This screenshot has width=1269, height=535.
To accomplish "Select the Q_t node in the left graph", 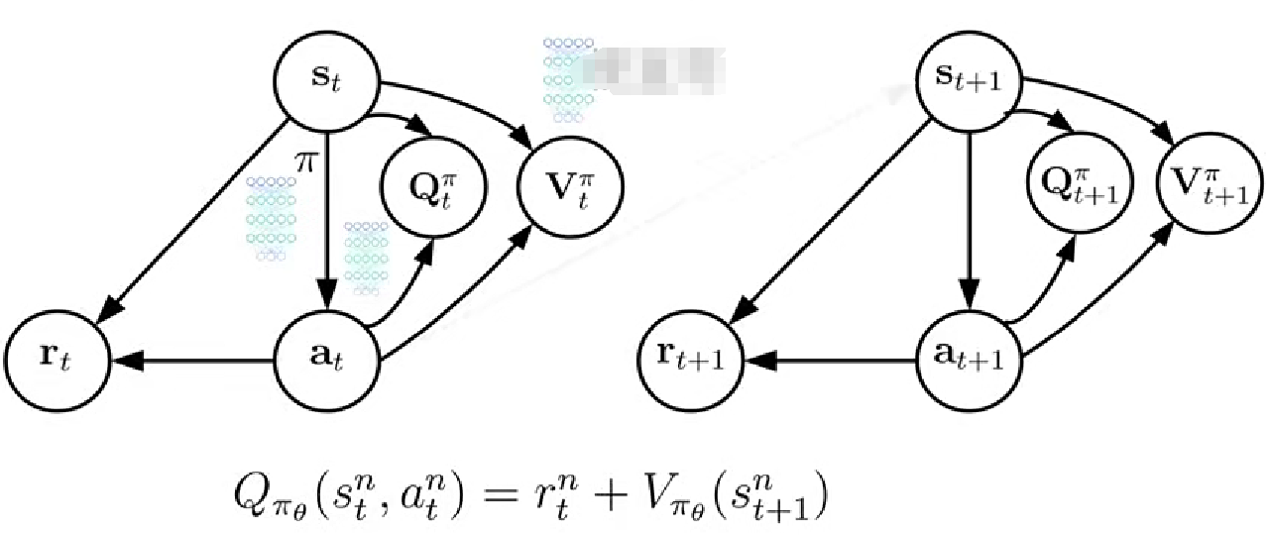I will [433, 185].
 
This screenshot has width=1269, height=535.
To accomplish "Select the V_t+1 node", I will [1210, 185].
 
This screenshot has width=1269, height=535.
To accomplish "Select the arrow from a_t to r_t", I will [188, 362].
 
